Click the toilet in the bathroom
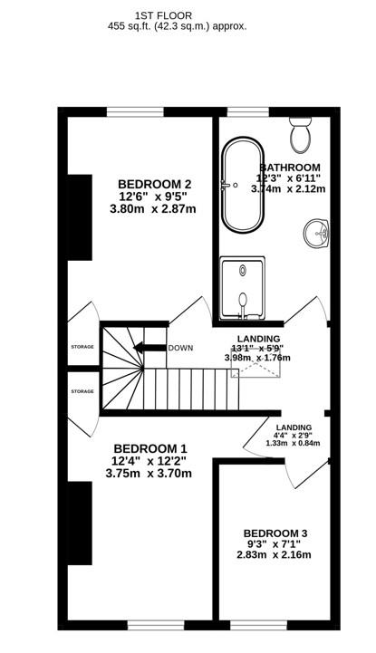coord(301,134)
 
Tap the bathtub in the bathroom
coord(243,183)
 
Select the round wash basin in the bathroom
coord(316,234)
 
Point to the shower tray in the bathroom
coord(243,287)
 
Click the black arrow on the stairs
coord(149,348)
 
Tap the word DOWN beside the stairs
coord(180,348)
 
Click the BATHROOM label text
coord(290,168)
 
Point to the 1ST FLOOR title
coord(163,15)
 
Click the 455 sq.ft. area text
coord(126,26)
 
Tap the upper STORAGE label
coord(82,347)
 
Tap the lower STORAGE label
coord(82,391)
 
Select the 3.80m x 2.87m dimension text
coord(153,209)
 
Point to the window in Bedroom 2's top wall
coord(135,111)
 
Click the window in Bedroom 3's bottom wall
coord(258,625)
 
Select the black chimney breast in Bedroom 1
coord(80,523)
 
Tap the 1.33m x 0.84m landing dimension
coord(294,443)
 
